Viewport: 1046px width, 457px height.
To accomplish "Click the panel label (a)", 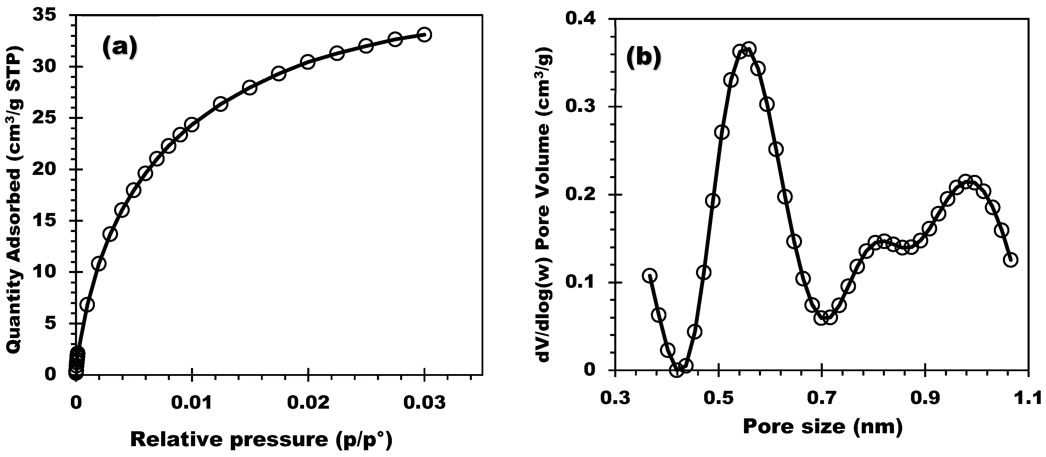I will (x=120, y=47).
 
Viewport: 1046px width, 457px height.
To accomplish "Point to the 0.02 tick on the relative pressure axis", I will (x=308, y=403).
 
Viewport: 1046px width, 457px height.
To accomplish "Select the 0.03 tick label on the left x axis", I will (x=424, y=403).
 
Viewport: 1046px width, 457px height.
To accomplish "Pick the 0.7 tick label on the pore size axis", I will (x=821, y=400).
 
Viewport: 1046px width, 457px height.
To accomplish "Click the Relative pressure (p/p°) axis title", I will (x=261, y=440).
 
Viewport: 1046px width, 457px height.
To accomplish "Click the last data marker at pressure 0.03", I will (x=424, y=35).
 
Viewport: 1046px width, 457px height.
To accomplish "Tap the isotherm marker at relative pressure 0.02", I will (x=308, y=62).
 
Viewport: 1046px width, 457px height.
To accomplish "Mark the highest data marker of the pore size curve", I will (x=750, y=49).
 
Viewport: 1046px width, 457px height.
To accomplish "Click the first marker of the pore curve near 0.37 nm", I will (x=650, y=275).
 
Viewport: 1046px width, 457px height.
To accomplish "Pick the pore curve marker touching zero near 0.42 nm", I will (x=677, y=370).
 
